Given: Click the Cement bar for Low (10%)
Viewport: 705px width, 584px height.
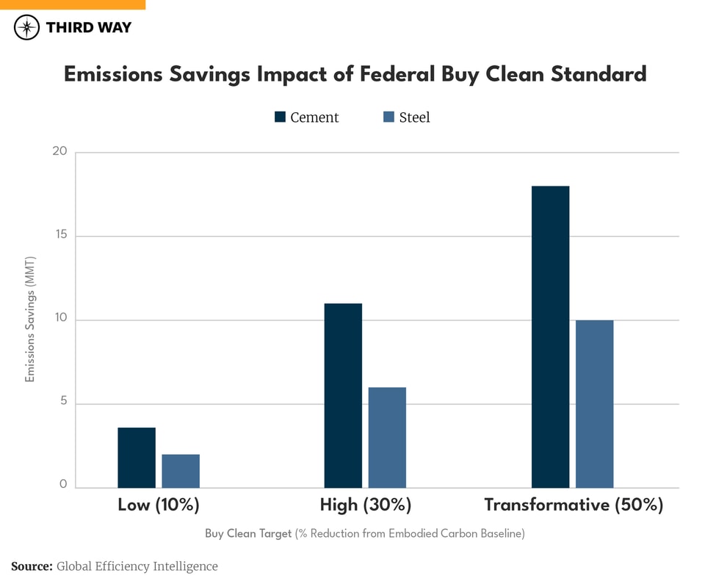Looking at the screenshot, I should pyautogui.click(x=137, y=458).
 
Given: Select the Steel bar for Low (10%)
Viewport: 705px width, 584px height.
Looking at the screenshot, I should pyautogui.click(x=181, y=471).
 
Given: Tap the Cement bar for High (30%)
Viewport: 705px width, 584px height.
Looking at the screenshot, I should pyautogui.click(x=343, y=395).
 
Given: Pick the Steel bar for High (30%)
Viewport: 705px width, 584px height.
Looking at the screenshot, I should pyautogui.click(x=387, y=437).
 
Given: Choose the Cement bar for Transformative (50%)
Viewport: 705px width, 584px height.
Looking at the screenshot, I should pyautogui.click(x=550, y=337).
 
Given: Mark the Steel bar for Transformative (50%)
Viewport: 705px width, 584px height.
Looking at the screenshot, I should pyautogui.click(x=594, y=404).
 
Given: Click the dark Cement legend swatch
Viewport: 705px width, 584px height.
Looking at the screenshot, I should pyautogui.click(x=280, y=117).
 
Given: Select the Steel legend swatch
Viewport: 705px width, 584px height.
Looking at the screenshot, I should pyautogui.click(x=388, y=117).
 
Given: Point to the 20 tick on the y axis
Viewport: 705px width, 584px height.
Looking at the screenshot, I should pyautogui.click(x=59, y=152).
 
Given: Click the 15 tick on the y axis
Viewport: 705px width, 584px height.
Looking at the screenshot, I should pyautogui.click(x=59, y=236).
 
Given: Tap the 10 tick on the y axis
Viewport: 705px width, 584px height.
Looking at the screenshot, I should pyautogui.click(x=59, y=319).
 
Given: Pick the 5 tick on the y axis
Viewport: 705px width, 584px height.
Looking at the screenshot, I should pyautogui.click(x=62, y=402).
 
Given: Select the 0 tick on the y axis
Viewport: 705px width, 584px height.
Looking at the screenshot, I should pyautogui.click(x=62, y=485).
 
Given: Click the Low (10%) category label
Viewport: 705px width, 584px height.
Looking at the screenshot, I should pyautogui.click(x=159, y=505).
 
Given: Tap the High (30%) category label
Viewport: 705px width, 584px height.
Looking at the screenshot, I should pyautogui.click(x=366, y=505).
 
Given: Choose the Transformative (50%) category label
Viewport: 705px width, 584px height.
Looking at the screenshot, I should pyautogui.click(x=574, y=505).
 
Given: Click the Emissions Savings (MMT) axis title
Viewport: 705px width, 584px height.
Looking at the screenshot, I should pyautogui.click(x=30, y=320).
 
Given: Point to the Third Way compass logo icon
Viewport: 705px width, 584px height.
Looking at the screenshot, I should pyautogui.click(x=27, y=28).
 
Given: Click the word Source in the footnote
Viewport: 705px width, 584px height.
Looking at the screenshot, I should pyautogui.click(x=31, y=566).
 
